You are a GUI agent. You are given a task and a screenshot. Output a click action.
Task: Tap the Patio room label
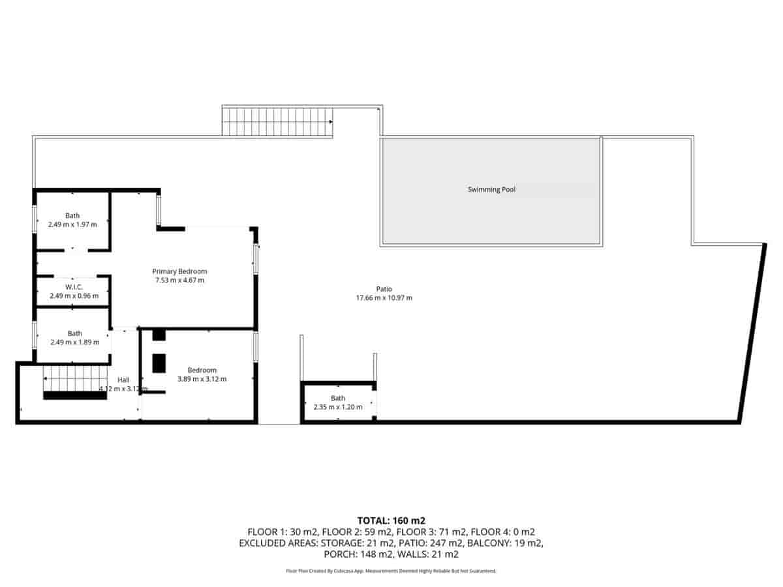pyautogui.click(x=384, y=289)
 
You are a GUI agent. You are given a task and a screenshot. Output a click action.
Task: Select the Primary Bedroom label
pyautogui.click(x=179, y=271)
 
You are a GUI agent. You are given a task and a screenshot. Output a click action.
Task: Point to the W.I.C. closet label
pyautogui.click(x=74, y=287)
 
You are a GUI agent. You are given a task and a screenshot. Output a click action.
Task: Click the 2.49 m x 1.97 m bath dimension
pyautogui.click(x=72, y=224)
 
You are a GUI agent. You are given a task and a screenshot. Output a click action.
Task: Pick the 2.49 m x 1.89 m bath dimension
pyautogui.click(x=74, y=342)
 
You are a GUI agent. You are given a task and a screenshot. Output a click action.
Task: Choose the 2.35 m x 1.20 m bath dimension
pyautogui.click(x=337, y=407)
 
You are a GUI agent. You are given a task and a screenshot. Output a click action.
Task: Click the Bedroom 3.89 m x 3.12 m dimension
pyautogui.click(x=202, y=379)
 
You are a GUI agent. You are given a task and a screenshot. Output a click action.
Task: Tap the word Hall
pyautogui.click(x=123, y=380)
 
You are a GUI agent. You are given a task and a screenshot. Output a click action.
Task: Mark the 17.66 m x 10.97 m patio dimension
pyautogui.click(x=384, y=298)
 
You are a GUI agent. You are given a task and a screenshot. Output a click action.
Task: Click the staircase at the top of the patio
pyautogui.click(x=277, y=122)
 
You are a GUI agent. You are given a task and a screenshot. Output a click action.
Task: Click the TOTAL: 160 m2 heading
pyautogui.click(x=391, y=520)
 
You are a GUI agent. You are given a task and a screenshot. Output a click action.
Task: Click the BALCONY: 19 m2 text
pyautogui.click(x=508, y=543)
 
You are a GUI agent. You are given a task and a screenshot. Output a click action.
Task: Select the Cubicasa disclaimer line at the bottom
pyautogui.click(x=391, y=571)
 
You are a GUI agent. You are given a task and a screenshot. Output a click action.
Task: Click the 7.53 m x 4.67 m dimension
pyautogui.click(x=179, y=280)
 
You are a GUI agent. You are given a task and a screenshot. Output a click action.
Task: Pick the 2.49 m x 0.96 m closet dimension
pyautogui.click(x=74, y=296)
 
